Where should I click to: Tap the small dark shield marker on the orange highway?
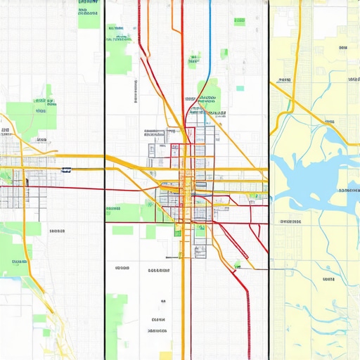pos(67,169)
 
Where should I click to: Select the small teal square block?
pos(240,89)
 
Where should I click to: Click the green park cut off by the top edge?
pos(89,14)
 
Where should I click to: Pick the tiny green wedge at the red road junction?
pos(238,264)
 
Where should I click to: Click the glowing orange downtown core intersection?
pos(187,184)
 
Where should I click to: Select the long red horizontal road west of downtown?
pos(70,188)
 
